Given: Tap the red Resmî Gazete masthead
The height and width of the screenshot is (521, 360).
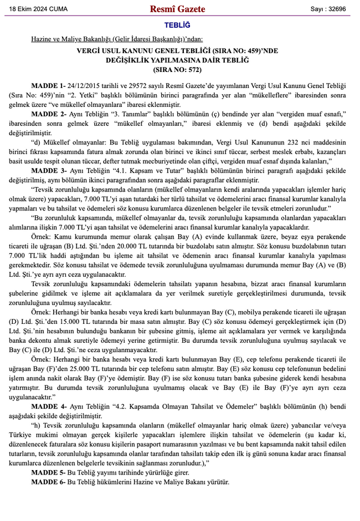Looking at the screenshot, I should click(177, 9).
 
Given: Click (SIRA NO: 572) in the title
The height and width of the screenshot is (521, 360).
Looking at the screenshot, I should click(177, 70).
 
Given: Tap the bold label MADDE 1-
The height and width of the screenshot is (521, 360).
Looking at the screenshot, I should click(48, 86).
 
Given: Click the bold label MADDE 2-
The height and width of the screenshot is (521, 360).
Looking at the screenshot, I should click(48, 113).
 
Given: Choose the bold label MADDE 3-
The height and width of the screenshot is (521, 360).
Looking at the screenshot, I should click(48, 171).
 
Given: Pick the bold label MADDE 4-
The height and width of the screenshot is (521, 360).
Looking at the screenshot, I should click(48, 406).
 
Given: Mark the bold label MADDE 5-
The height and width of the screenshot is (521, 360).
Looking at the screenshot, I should click(48, 472).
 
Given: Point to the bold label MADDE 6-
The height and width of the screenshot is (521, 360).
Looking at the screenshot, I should click(48, 482).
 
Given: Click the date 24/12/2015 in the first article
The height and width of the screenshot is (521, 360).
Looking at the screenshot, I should click(84, 86).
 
